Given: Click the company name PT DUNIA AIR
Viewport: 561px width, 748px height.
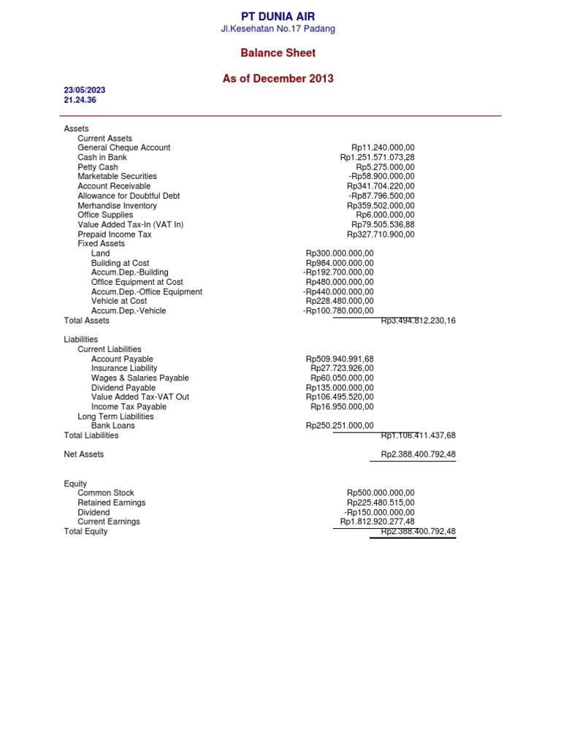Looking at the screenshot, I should click(278, 16).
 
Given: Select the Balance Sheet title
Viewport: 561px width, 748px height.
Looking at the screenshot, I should click(278, 53).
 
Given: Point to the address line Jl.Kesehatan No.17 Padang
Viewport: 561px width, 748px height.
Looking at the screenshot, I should click(278, 28).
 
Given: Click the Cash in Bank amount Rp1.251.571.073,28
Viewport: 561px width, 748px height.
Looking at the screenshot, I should click(377, 157).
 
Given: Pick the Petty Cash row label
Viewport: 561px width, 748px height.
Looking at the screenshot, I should click(98, 167).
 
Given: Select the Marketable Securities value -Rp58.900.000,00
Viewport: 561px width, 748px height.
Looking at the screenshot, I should click(381, 177).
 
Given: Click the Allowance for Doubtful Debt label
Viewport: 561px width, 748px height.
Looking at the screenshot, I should click(129, 196).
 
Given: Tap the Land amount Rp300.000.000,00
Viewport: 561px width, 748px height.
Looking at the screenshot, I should click(340, 253).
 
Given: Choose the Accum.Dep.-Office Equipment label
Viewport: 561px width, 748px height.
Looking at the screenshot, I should click(147, 291).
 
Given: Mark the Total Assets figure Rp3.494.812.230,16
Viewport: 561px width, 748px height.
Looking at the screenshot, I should click(418, 321).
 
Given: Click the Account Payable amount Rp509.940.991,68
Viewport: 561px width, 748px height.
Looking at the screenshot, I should click(340, 359).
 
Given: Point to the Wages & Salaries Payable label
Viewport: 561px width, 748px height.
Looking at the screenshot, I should click(140, 378).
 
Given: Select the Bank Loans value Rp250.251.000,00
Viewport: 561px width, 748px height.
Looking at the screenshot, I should click(340, 426).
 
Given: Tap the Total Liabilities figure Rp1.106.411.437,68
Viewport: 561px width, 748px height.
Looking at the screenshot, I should click(418, 435).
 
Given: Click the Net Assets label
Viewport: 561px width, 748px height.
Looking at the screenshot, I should click(84, 454).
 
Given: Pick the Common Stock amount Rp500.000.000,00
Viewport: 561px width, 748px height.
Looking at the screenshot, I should click(381, 493).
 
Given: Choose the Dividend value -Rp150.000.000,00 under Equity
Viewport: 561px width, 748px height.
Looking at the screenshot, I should click(378, 512).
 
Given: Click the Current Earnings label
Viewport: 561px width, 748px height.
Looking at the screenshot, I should click(109, 522).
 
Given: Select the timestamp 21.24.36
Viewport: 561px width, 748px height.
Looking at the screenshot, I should click(81, 100).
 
